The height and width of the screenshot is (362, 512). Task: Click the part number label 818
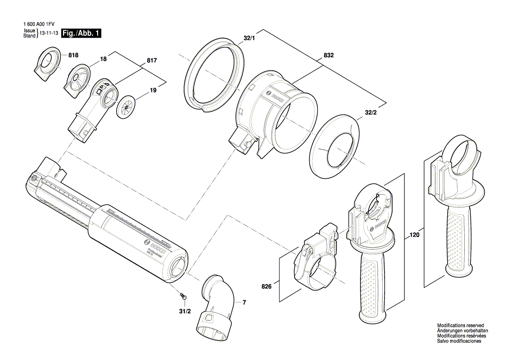click(73, 55)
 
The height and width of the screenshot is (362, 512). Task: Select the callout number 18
click(103, 58)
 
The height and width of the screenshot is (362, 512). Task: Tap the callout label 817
click(152, 60)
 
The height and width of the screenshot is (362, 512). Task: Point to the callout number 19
click(153, 90)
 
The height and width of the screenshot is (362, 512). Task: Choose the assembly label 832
click(328, 56)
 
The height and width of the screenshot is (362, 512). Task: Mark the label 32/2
click(371, 112)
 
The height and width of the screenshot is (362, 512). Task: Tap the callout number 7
click(244, 302)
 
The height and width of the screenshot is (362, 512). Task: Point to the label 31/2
click(185, 311)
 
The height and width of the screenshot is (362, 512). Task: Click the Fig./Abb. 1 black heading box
click(81, 33)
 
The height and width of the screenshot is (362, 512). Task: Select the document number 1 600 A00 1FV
click(42, 25)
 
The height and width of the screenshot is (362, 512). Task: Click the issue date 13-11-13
click(48, 33)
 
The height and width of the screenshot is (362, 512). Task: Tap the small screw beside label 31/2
click(183, 296)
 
